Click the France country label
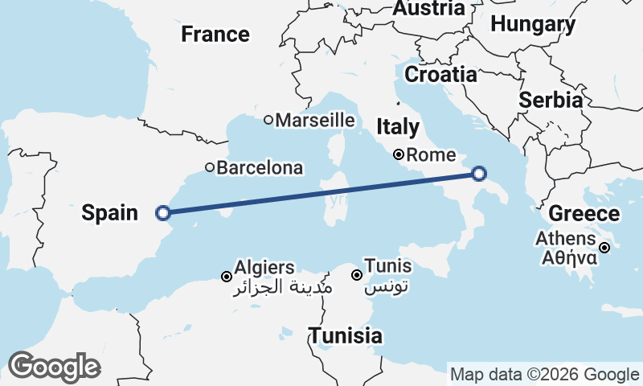click(215, 35)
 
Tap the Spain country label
click(111, 213)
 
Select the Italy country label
click(398, 127)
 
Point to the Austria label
click(428, 9)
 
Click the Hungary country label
click(533, 25)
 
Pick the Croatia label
click(440, 75)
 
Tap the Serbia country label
click(551, 101)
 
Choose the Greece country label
click(584, 215)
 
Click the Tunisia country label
click(346, 335)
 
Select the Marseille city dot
click(268, 120)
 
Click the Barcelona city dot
click(209, 168)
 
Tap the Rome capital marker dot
click(398, 154)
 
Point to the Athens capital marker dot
click(604, 248)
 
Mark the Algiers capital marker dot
click(226, 277)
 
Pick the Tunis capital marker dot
click(357, 275)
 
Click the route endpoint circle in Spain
click(163, 213)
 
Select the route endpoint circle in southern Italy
click(479, 174)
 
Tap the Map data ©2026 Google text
click(544, 375)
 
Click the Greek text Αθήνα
click(568, 258)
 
